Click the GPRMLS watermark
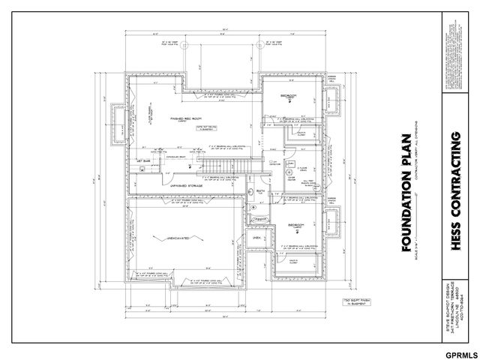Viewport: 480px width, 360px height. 459,353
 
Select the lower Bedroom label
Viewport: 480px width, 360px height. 293,224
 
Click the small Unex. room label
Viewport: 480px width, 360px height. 256,238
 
